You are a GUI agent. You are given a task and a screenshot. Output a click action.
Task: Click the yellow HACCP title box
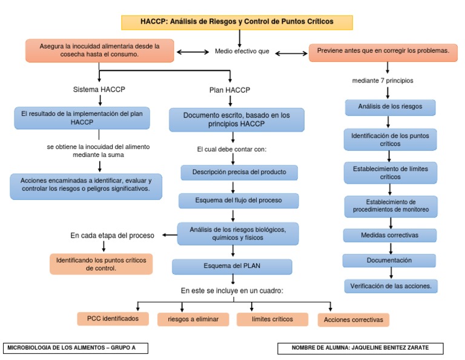[237, 22]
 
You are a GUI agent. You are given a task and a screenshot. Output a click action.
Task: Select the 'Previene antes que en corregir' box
[383, 52]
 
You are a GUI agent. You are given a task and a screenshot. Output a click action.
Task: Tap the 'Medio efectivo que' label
[242, 52]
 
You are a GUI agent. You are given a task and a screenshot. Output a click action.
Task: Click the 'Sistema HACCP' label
[99, 90]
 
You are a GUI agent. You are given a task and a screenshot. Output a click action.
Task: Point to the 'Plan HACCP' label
[229, 90]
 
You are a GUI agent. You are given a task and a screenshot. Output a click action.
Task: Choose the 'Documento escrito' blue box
[236, 119]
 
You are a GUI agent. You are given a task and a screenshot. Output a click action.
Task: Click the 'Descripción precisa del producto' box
[239, 172]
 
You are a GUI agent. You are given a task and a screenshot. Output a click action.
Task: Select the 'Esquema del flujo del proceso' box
[239, 201]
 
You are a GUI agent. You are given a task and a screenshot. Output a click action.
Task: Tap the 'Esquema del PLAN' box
[232, 267]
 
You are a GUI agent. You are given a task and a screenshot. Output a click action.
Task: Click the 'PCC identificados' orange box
[113, 318]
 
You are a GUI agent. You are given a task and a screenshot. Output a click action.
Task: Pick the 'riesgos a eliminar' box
[189, 319]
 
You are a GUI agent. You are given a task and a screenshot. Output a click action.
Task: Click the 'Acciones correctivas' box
[353, 319]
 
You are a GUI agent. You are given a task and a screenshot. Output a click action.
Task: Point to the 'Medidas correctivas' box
[389, 235]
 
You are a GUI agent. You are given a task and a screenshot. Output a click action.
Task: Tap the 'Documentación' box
[389, 260]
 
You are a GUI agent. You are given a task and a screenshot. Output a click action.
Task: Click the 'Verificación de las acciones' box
[391, 285]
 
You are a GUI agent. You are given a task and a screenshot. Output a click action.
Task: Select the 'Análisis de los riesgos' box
[391, 107]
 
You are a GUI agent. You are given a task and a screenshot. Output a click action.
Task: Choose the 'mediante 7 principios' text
[383, 80]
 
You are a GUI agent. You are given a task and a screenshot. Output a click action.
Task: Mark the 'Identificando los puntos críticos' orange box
[101, 264]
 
